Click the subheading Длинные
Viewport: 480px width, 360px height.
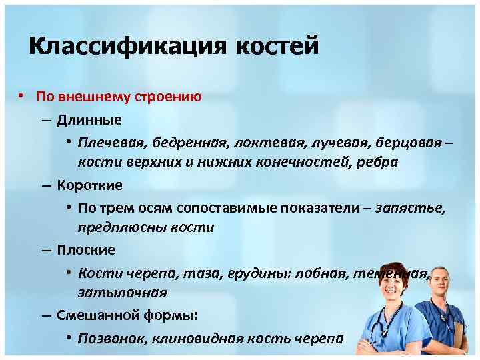[89, 120]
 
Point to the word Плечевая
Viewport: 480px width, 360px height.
[111, 142]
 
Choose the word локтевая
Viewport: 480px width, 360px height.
[263, 142]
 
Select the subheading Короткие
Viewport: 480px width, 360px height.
[89, 185]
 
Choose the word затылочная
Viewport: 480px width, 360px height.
[122, 293]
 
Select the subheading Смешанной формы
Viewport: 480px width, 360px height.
[127, 315]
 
